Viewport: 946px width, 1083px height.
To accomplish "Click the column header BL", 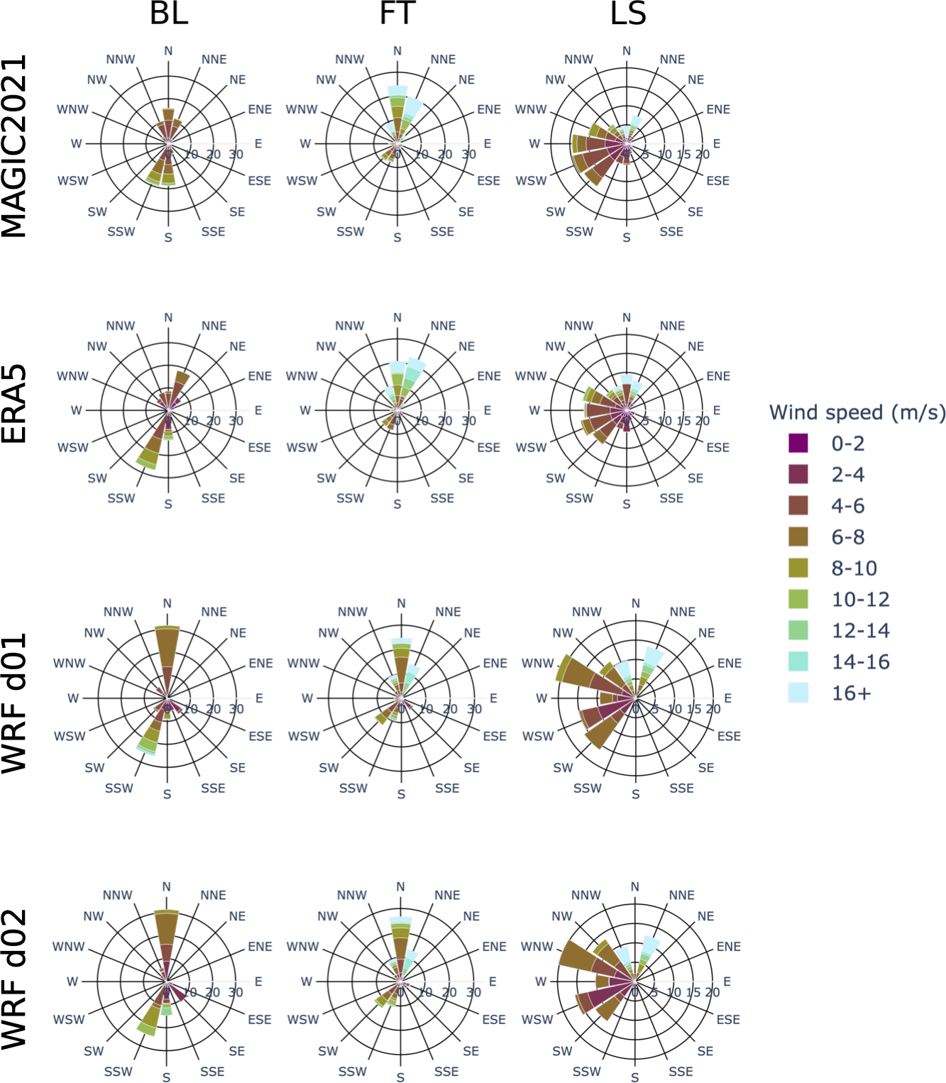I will click(169, 13).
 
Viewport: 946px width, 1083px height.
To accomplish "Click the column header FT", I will click(397, 13).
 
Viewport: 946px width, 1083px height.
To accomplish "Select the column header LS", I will click(628, 13).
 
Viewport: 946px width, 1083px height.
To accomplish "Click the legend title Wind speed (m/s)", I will click(857, 412).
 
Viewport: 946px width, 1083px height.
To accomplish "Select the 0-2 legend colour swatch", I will click(798, 444).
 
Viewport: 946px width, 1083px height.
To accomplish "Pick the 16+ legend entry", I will click(850, 693).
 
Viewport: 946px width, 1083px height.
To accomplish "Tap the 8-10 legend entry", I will click(854, 568).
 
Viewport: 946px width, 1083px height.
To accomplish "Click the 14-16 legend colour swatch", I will click(798, 662).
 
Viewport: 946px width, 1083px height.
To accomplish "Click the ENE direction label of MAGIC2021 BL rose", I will click(260, 109).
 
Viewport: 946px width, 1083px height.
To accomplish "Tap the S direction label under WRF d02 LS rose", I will click(634, 1077).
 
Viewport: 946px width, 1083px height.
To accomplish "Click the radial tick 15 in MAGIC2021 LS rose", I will click(683, 155).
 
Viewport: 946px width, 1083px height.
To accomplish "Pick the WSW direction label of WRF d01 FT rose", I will click(304, 737).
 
